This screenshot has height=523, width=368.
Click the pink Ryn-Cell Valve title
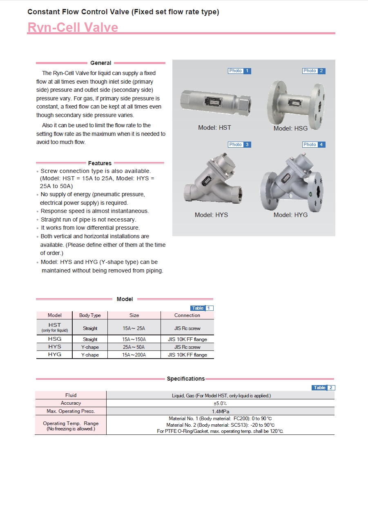tap(73, 27)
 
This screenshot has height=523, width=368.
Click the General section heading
tap(100, 63)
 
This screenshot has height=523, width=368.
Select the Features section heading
tap(100, 163)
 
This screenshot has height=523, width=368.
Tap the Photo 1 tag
tap(239, 71)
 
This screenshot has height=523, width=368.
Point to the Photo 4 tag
tap(314, 144)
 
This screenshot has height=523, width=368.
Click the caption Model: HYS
tap(211, 215)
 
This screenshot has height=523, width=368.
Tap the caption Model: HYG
tap(290, 215)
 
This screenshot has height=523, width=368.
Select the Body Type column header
tap(90, 315)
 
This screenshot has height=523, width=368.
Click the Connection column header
tap(187, 315)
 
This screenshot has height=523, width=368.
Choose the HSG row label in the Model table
tap(55, 339)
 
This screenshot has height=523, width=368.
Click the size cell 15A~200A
tap(134, 355)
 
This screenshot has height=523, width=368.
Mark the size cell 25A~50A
tap(134, 347)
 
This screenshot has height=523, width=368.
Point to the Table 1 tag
tap(202, 308)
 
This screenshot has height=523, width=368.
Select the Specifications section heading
tap(186, 379)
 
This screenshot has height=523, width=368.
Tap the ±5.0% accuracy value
tap(220, 403)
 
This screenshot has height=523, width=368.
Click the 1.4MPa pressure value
tap(220, 411)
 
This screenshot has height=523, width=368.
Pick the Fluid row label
tap(71, 395)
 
